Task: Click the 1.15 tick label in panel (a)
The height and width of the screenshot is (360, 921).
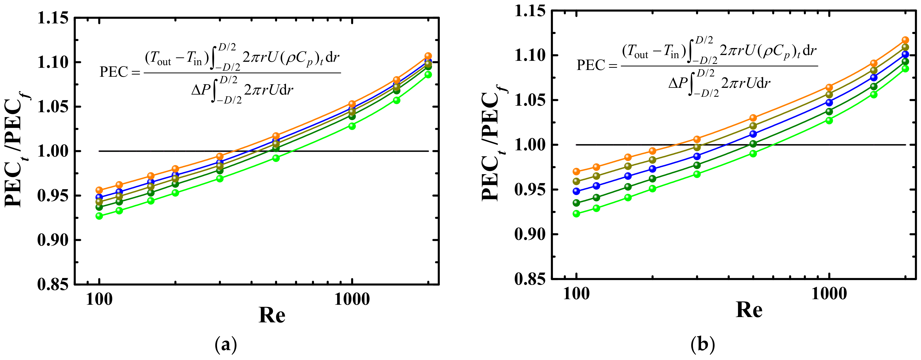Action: tap(53, 18)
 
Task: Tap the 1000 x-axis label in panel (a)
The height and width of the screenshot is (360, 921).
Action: tap(352, 300)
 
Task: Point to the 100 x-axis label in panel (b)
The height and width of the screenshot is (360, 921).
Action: tap(576, 294)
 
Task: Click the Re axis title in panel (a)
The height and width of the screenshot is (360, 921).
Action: tap(272, 315)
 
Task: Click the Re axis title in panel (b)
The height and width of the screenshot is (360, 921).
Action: tap(749, 310)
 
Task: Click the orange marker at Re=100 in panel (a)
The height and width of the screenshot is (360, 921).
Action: tap(99, 190)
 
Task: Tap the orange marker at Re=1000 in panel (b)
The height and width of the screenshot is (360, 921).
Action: tap(829, 87)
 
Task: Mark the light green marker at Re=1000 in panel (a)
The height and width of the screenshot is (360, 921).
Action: tap(352, 126)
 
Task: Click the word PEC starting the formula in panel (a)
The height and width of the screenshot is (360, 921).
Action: tap(114, 72)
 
